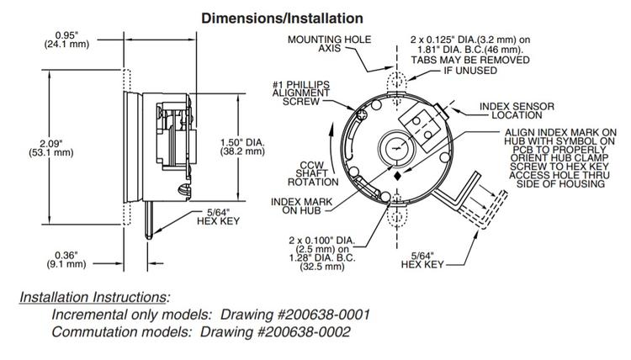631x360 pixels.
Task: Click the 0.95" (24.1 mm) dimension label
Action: pyautogui.click(x=66, y=40)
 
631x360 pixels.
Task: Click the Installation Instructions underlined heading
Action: pyautogui.click(x=94, y=297)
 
